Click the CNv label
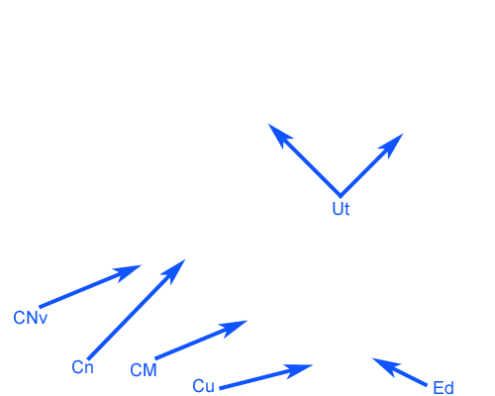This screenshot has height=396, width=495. point(31,318)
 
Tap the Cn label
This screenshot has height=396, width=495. point(82,367)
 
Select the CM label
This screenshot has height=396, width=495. point(144,370)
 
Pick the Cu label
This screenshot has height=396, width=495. point(203,386)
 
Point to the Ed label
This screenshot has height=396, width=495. point(444,388)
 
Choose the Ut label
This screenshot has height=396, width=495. point(341,209)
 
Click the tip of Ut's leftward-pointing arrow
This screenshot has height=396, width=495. point(268,124)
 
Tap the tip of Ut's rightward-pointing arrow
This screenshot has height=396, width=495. point(403,134)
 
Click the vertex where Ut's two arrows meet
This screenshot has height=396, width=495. point(341,196)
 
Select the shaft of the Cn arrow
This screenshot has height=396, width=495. point(137,310)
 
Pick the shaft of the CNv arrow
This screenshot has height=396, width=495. point(90,286)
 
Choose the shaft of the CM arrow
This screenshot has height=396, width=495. point(201,340)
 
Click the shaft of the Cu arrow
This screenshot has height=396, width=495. point(265,377)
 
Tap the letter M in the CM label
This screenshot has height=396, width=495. point(149,370)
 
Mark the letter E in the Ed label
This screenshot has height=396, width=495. point(438,388)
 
